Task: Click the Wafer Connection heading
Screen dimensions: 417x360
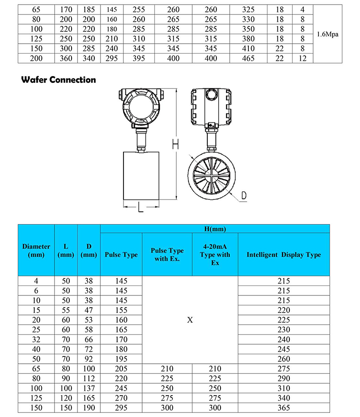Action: click(59, 80)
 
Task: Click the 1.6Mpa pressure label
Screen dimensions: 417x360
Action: click(328, 34)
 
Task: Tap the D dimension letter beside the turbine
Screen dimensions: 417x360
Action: click(244, 195)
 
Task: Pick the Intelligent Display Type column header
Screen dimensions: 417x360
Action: click(283, 254)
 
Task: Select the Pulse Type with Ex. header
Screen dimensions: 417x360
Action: click(167, 254)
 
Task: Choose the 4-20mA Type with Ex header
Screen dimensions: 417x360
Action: click(215, 254)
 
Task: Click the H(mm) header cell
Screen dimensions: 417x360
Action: click(215, 229)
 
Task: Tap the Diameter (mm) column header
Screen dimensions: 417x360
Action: click(36, 251)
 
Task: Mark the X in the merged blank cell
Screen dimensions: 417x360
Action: click(190, 320)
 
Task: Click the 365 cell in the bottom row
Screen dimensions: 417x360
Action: click(283, 408)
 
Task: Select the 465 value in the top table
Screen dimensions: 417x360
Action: click(248, 58)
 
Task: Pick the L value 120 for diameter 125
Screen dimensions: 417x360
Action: click(66, 398)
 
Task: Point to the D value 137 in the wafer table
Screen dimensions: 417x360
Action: click(89, 388)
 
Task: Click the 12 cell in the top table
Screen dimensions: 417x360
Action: click(303, 58)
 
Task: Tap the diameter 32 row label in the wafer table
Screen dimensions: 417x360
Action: click(36, 339)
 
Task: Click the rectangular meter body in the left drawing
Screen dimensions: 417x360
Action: click(141, 175)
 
